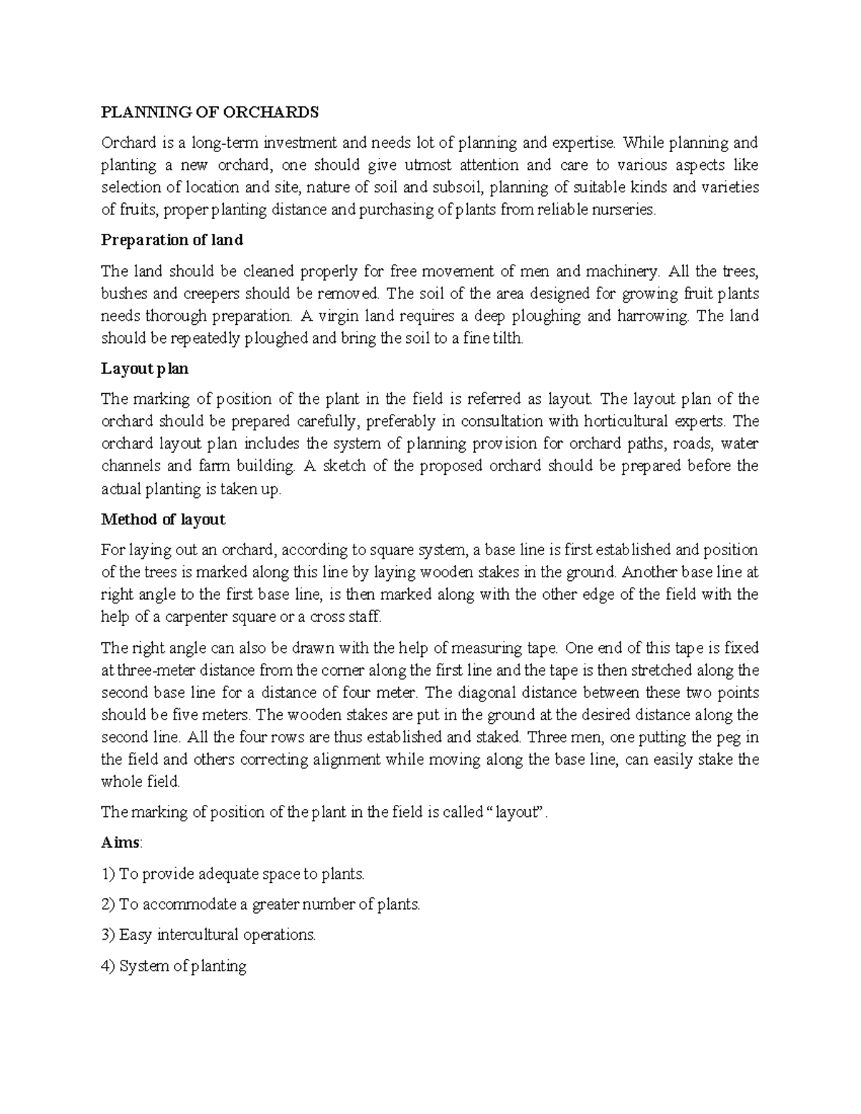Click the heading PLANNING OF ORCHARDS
point(210,113)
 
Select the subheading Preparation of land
point(172,240)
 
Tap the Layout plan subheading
point(145,369)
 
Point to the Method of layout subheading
point(164,519)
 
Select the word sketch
point(348,466)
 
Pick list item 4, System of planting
point(174,966)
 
